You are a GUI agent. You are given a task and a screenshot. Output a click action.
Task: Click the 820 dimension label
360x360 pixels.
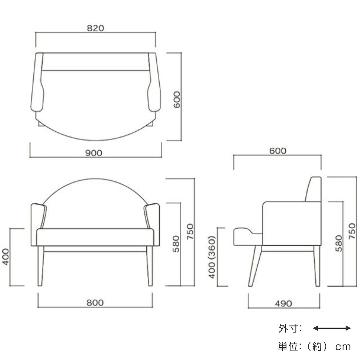coord(95,28)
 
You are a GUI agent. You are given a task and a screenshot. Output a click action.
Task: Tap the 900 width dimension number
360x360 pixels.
coord(94,153)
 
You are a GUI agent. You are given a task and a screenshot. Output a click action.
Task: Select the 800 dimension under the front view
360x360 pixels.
coord(95,303)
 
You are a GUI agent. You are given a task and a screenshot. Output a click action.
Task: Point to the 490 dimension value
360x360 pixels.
coord(283,304)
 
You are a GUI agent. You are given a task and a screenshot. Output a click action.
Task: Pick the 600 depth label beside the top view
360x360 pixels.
coord(177,100)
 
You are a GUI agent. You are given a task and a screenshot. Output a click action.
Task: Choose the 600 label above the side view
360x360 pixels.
coord(278,151)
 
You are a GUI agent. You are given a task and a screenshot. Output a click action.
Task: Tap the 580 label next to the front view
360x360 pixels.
coord(176,244)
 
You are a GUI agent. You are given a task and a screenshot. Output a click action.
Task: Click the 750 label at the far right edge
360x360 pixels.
coord(352,231)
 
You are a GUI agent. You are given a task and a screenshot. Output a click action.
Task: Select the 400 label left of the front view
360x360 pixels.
coord(6,257)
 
